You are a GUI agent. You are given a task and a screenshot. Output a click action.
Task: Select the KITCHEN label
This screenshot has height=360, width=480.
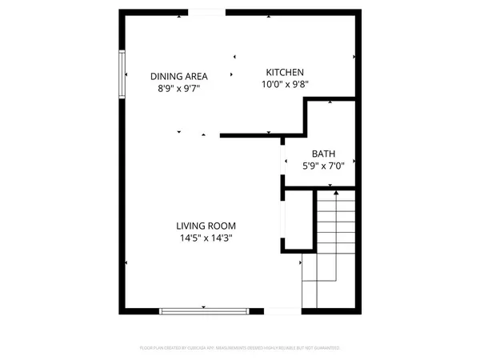[285, 72]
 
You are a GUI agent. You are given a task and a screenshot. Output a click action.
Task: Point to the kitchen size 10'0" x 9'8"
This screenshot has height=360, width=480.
[285, 84]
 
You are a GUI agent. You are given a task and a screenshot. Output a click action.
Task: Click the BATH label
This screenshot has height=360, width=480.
[323, 154]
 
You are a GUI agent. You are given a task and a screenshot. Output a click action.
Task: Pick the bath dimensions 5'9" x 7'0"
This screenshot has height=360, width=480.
[323, 166]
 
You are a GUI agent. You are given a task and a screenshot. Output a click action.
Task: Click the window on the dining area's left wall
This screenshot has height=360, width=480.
[122, 74]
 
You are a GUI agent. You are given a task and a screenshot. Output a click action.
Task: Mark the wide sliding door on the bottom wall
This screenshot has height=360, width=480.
[204, 310]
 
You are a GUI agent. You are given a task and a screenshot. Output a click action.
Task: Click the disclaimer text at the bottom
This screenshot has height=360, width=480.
[240, 348]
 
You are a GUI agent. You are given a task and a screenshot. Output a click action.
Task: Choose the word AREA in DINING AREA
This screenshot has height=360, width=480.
[198, 77]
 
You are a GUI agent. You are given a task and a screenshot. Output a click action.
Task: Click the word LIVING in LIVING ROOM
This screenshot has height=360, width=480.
[191, 226]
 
